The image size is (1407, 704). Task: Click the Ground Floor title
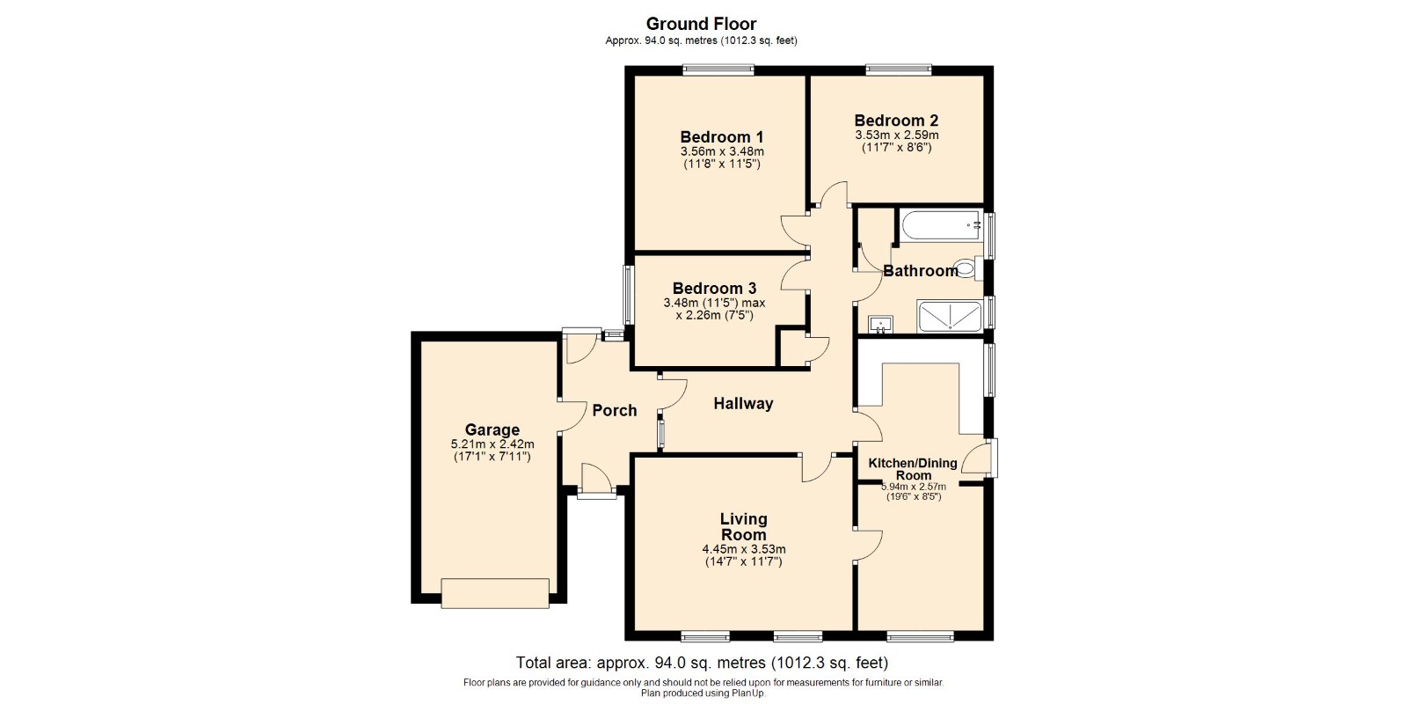point(701,24)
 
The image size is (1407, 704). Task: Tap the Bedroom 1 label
point(722,136)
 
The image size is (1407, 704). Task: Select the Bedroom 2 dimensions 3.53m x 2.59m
point(896,136)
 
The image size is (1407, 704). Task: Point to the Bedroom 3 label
point(714,288)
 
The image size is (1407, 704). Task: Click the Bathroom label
point(920,271)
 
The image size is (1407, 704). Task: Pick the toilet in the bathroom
point(967,268)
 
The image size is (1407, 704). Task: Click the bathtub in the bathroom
point(941,225)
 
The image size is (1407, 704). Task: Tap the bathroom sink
point(880,325)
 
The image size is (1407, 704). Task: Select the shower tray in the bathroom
point(949,316)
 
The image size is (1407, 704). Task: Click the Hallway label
point(743,404)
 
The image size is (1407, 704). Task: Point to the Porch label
point(615,410)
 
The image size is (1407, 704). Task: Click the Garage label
point(492,430)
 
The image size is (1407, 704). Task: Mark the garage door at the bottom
point(495,593)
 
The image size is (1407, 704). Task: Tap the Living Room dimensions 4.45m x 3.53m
point(744,549)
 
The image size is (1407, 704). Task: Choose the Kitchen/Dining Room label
point(913,469)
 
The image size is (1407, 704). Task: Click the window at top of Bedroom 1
point(718,70)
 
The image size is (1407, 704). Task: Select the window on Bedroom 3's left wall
point(628,295)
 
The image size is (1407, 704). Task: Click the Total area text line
point(702,663)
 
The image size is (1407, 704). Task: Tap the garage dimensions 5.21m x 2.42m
point(492,444)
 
